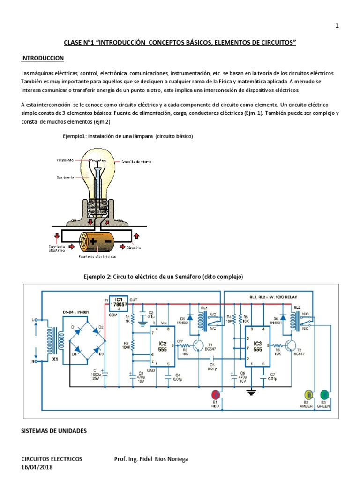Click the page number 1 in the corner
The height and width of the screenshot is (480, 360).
tap(337, 26)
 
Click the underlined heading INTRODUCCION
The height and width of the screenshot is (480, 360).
tap(42, 58)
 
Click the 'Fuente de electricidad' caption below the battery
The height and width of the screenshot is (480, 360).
tap(97, 257)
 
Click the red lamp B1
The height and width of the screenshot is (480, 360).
tap(216, 394)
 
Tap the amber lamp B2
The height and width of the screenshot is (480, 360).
tap(309, 394)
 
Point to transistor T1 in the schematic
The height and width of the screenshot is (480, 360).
tap(199, 346)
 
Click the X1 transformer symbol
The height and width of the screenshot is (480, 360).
tap(48, 339)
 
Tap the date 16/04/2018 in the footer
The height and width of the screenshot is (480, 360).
tap(37, 467)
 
